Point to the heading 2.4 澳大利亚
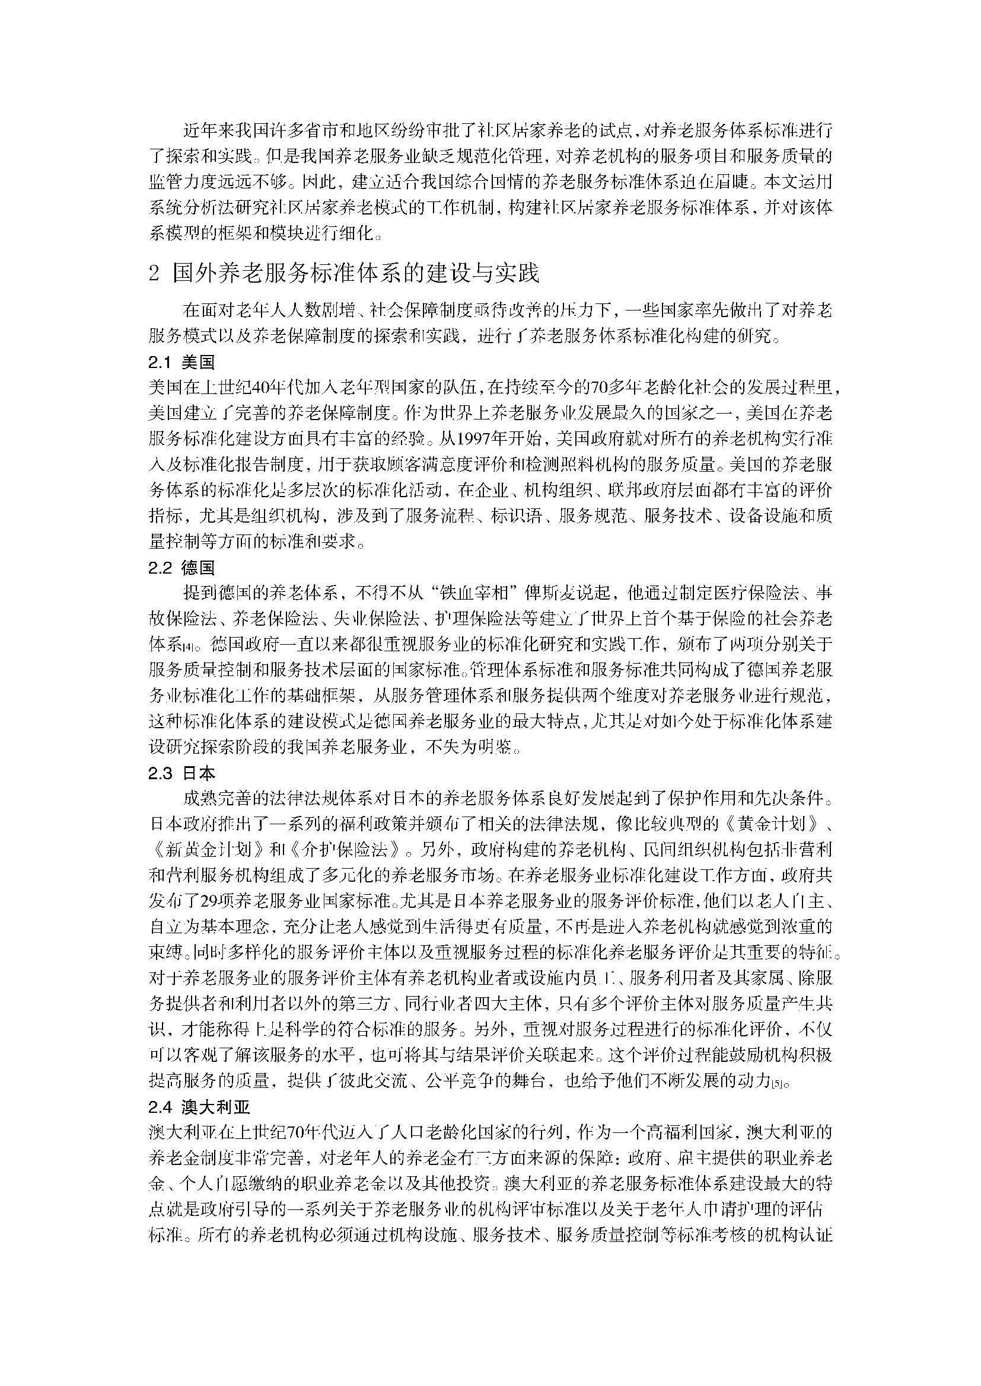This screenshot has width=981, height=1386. (x=199, y=1107)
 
